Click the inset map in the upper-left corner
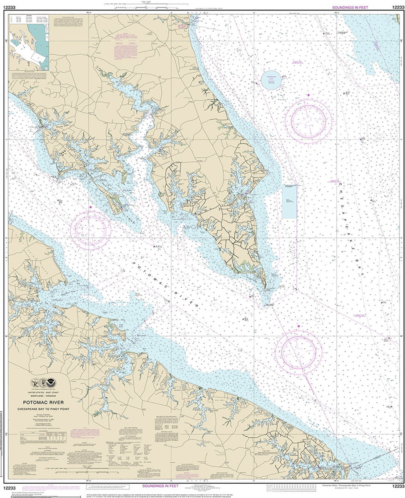pos(29,51)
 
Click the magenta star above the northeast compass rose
pos(308,96)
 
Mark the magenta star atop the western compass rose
pos(90,207)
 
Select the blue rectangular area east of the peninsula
pos(289,201)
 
